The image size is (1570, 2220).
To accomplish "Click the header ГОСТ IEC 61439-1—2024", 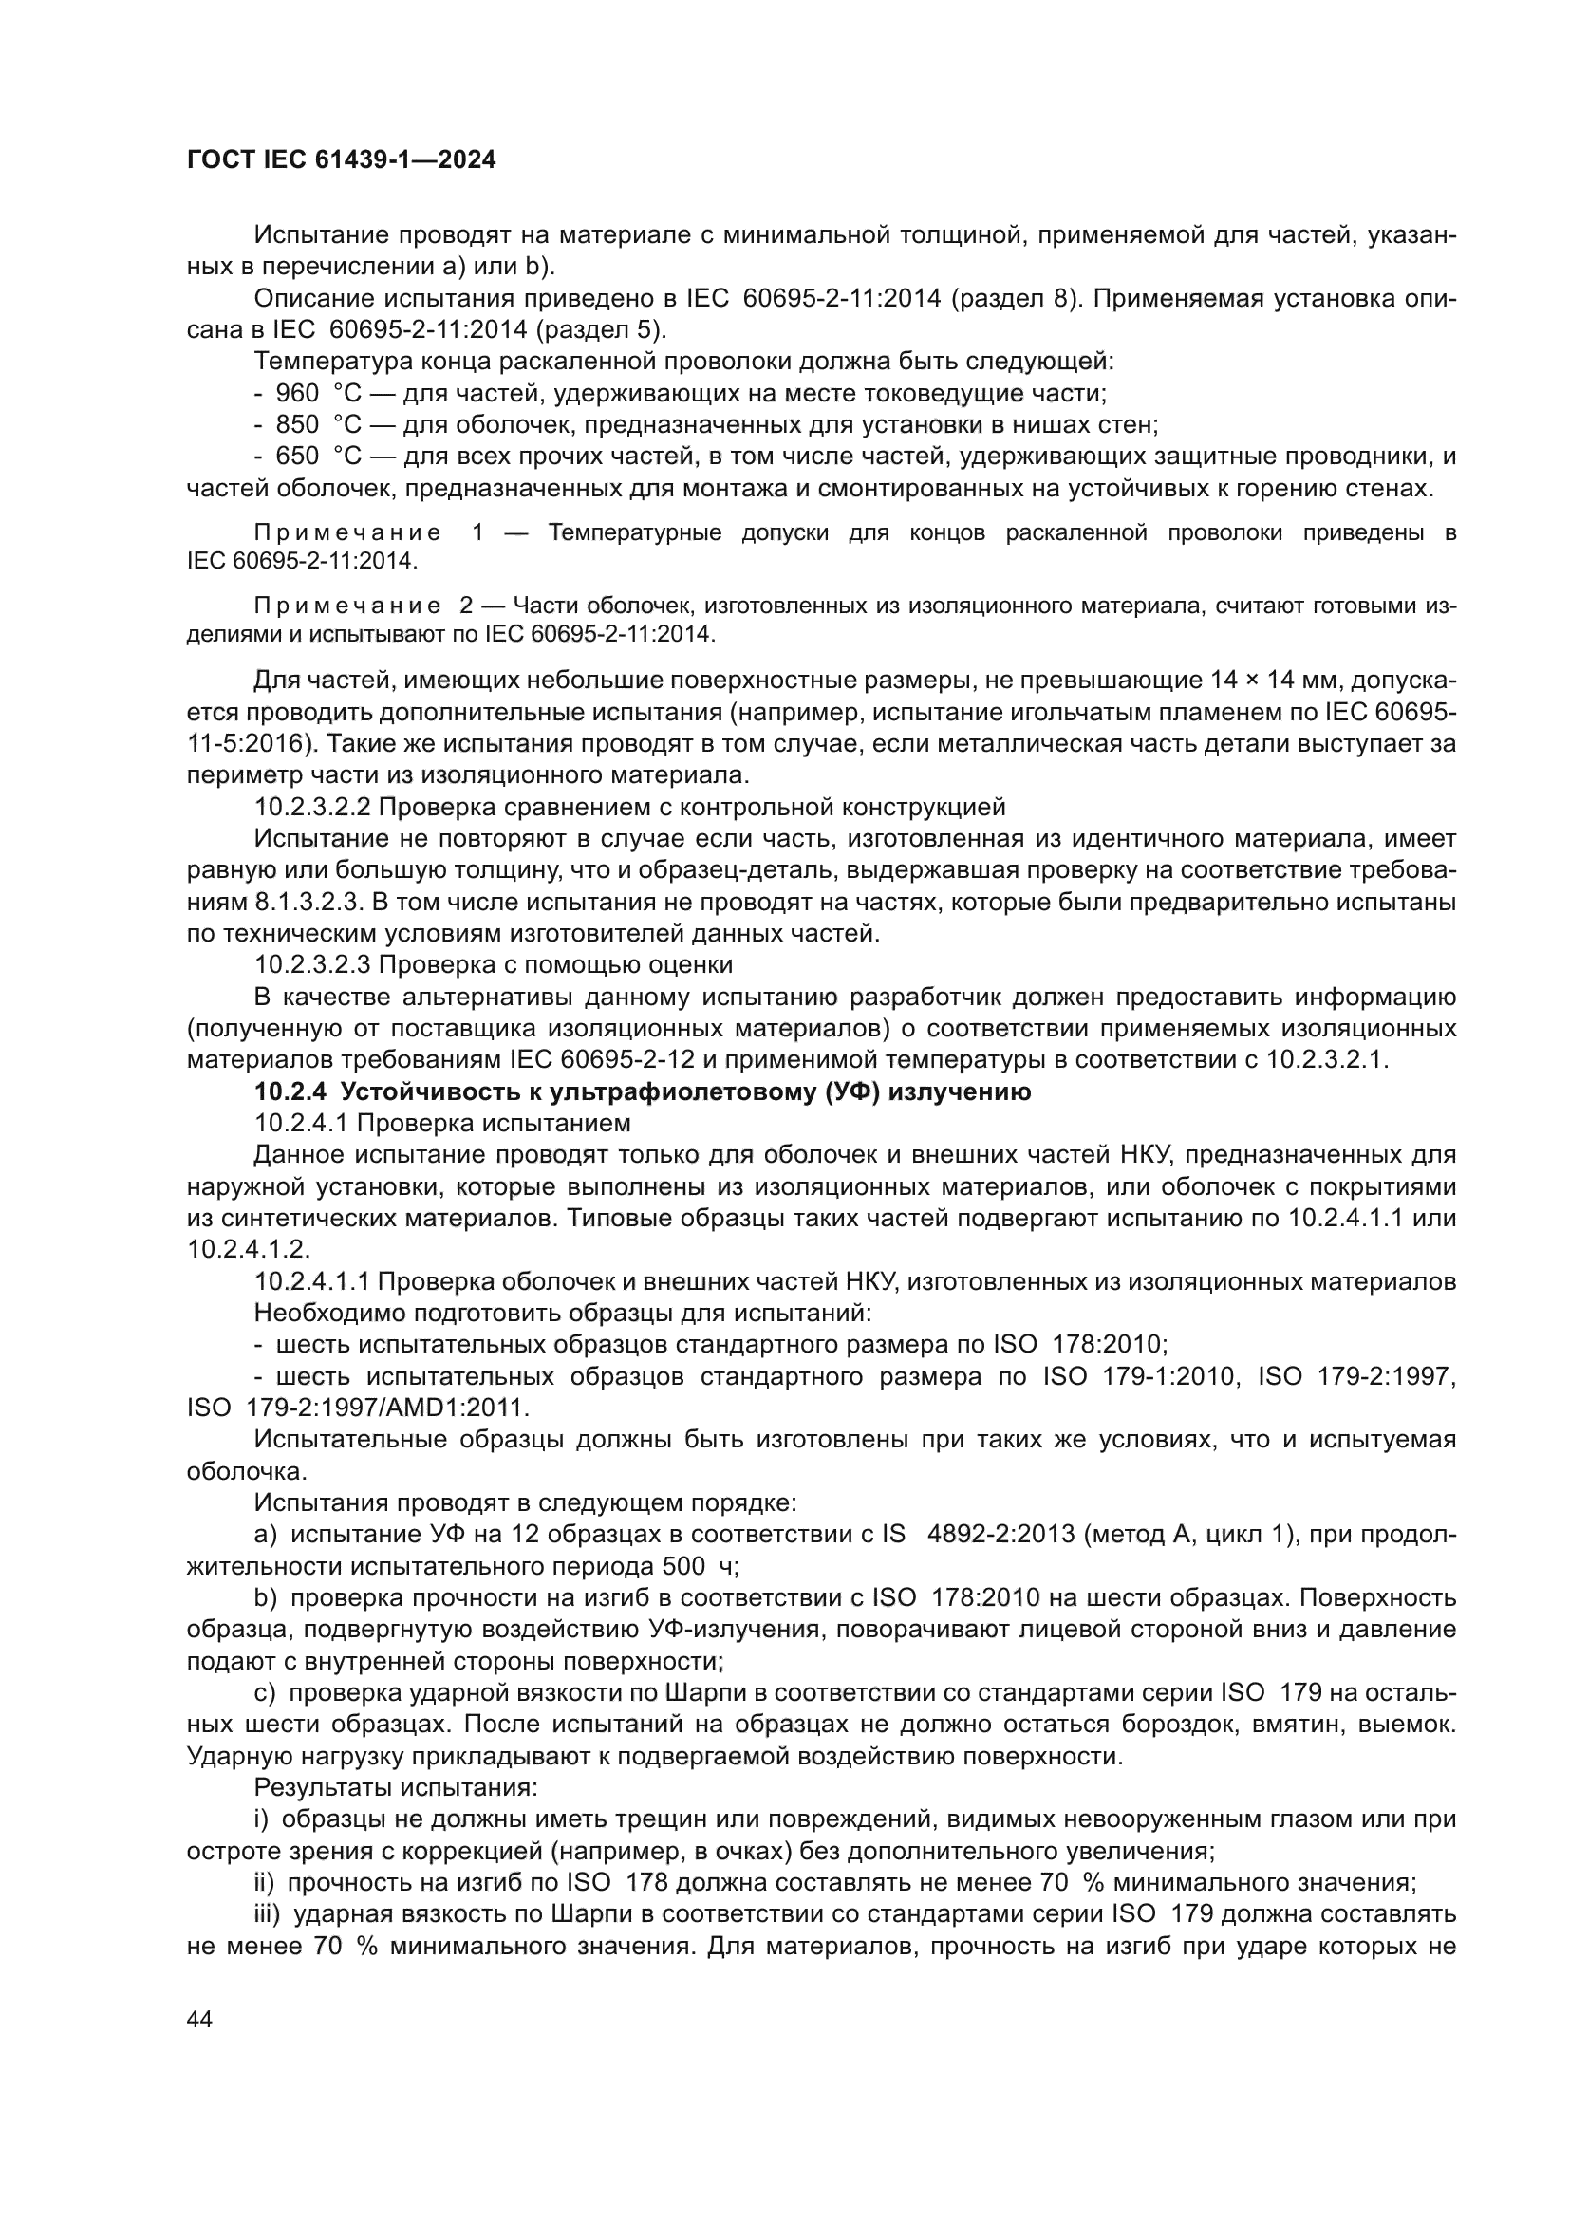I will pos(341,160).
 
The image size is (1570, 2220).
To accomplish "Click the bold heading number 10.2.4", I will pos(290,1092).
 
